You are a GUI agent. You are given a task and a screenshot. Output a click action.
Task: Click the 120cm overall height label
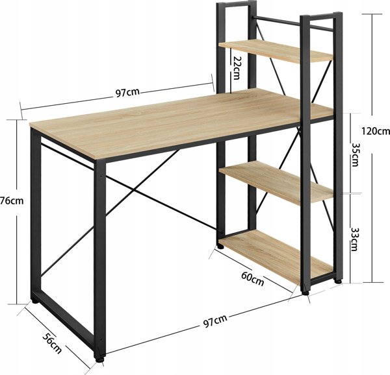(x=376, y=131)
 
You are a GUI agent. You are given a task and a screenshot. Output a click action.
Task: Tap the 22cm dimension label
(x=237, y=67)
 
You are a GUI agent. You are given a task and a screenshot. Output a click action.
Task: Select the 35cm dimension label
(x=355, y=154)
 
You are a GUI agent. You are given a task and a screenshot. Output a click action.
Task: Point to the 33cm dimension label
(x=354, y=239)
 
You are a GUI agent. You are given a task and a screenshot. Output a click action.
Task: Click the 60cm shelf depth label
(x=252, y=278)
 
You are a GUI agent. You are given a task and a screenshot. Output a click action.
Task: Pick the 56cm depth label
(x=52, y=343)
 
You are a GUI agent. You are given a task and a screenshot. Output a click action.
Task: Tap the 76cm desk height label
(x=12, y=200)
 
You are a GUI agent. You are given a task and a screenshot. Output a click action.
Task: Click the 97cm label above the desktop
(x=127, y=93)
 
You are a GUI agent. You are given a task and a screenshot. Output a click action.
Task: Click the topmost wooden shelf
(x=276, y=51)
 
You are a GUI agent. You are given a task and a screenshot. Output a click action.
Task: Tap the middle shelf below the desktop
(x=276, y=182)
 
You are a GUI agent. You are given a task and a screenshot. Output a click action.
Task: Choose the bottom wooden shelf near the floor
(x=276, y=256)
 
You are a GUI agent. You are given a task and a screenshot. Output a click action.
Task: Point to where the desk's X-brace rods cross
(x=135, y=190)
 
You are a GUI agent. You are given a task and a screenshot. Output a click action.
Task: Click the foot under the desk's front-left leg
(x=99, y=360)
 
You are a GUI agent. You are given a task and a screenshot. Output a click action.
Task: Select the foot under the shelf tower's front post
(x=305, y=293)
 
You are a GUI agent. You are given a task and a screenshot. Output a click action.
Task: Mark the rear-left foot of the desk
(x=35, y=302)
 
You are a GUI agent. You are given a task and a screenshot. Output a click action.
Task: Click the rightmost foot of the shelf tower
(x=338, y=282)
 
